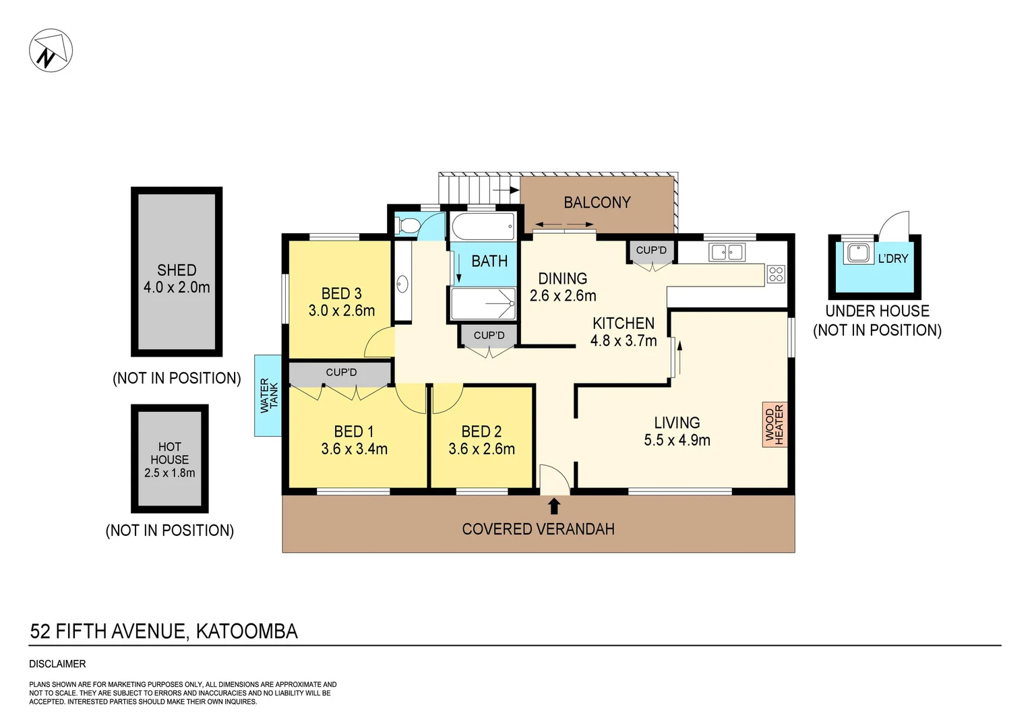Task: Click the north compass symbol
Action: (x=51, y=51)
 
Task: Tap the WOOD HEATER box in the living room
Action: (x=775, y=425)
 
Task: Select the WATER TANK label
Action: (x=268, y=395)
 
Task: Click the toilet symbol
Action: (x=407, y=225)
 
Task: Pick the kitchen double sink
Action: (x=727, y=252)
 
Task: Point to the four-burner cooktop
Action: (x=776, y=274)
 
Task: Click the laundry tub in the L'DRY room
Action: (x=858, y=253)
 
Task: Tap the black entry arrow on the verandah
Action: (x=554, y=505)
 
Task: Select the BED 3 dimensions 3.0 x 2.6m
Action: (x=341, y=311)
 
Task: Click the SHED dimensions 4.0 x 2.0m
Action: (x=177, y=287)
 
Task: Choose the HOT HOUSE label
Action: (x=170, y=453)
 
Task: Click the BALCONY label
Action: (x=597, y=202)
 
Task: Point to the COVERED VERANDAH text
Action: (x=538, y=529)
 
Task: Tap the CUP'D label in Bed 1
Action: (x=341, y=372)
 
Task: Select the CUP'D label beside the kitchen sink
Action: (x=651, y=250)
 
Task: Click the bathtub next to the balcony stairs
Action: (x=483, y=226)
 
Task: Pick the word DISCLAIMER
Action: (x=57, y=664)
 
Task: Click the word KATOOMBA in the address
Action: (x=247, y=632)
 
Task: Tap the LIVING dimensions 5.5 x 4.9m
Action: (x=677, y=440)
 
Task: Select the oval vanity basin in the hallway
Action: (x=402, y=284)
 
